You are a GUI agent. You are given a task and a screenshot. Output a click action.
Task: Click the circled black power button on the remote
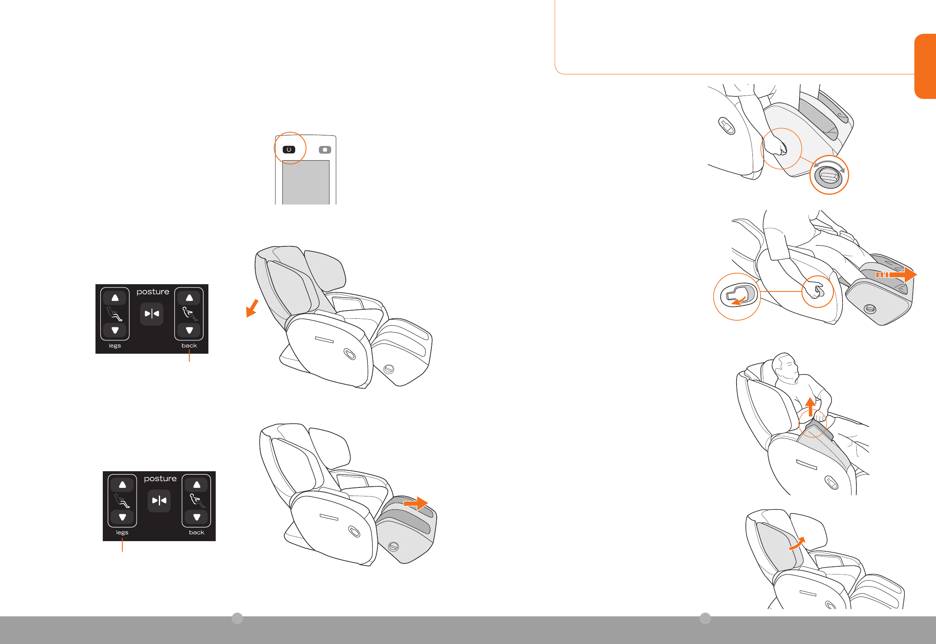[289, 150]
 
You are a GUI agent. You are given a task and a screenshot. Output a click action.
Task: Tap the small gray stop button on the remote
[325, 150]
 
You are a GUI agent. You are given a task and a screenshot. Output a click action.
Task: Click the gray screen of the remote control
[305, 182]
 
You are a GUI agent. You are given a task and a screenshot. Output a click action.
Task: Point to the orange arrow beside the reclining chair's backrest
[252, 308]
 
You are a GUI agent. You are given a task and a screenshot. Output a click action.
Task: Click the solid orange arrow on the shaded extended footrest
[416, 503]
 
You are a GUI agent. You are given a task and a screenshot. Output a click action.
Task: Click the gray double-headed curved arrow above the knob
[829, 164]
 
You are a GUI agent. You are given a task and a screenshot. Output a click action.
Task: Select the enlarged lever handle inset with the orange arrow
[737, 296]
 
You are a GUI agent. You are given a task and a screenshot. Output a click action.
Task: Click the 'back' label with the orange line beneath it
[189, 346]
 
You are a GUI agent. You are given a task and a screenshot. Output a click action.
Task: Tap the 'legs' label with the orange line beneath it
[122, 533]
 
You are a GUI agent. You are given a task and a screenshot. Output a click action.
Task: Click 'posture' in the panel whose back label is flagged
[153, 292]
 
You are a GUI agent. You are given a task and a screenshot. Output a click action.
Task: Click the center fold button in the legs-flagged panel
[159, 500]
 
